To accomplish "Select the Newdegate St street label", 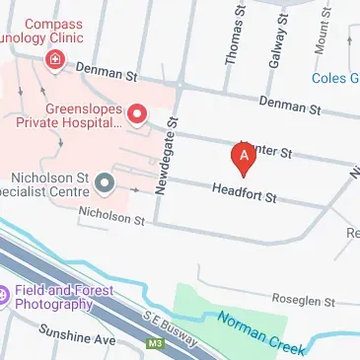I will (164, 153).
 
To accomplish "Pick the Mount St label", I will (322, 36).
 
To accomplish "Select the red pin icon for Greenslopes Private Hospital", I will (137, 115).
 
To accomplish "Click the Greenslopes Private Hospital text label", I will (83, 116).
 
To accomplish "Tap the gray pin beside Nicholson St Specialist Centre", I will (105, 181).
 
